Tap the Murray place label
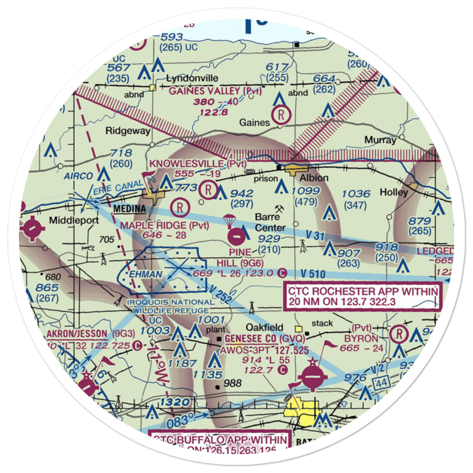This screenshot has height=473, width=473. tap(380, 140)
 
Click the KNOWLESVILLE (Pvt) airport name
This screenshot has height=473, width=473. tap(198, 164)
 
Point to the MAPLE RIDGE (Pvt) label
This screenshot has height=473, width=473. tap(164, 225)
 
